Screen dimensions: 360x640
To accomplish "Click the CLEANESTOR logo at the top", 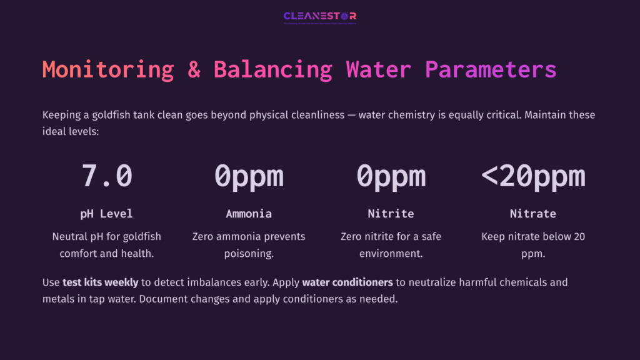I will pos(320,17).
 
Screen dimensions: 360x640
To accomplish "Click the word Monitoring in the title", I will pos(108,69).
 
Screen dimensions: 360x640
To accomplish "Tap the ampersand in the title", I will pos(194,69).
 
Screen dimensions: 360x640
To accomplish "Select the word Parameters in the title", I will pos(491,69).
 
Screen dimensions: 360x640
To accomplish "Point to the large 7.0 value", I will pos(107,176).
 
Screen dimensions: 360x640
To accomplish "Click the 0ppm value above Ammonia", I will pos(249,176).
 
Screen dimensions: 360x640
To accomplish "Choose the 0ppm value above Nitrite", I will pos(391,176).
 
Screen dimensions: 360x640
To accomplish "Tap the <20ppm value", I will pos(532,176).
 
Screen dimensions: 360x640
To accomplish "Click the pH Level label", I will pos(107,214).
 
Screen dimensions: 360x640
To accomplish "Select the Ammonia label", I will pos(249,214).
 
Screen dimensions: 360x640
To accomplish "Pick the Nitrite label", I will pos(391,214).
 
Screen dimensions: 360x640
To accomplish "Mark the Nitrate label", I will pos(532,214).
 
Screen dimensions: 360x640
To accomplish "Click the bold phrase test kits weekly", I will pos(101,282).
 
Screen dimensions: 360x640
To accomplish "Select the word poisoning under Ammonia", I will pos(249,254).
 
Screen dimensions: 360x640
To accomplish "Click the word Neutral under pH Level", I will pos(70,237).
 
